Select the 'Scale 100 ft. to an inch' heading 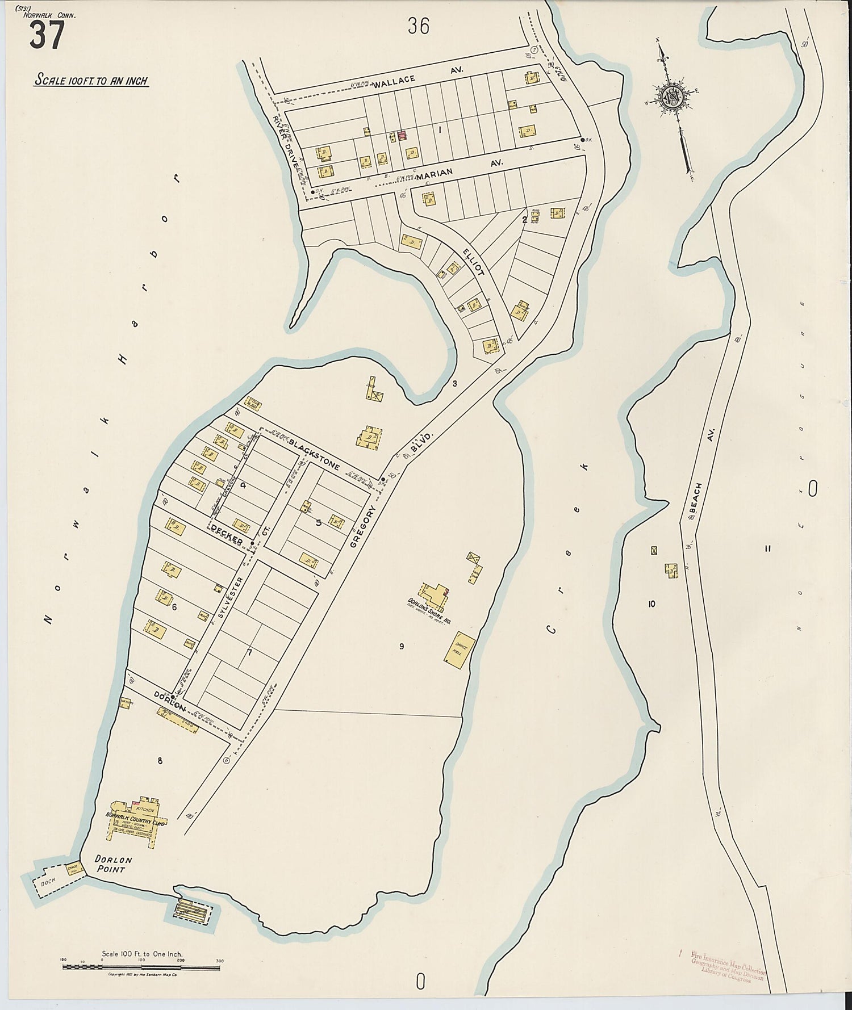click(91, 80)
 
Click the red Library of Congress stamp click(728, 967)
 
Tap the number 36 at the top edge click(418, 26)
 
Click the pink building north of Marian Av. click(402, 135)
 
